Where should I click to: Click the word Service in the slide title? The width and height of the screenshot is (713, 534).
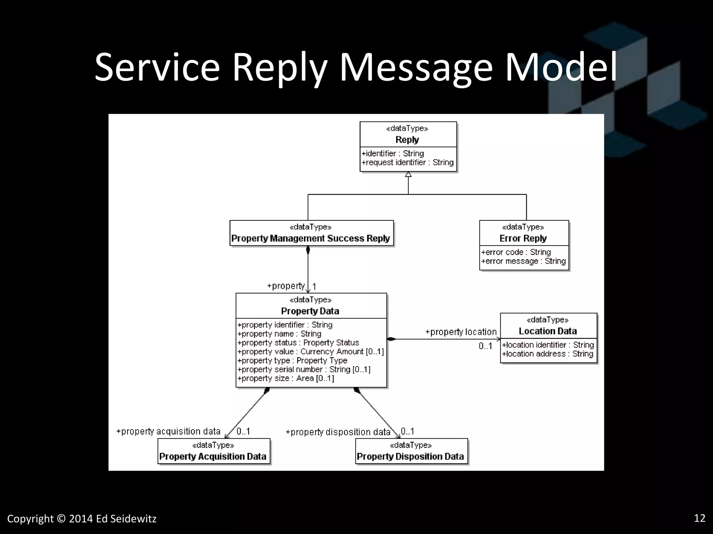[x=157, y=67]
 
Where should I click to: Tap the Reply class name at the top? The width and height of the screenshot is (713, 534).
[x=407, y=140]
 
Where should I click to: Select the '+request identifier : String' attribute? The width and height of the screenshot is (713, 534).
[x=408, y=163]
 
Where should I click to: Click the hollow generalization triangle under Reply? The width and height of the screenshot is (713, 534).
[x=408, y=174]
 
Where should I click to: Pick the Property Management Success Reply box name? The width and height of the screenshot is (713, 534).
[x=311, y=238]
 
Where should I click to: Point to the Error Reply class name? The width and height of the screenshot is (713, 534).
[x=523, y=238]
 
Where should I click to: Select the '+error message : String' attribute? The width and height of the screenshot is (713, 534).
[x=523, y=261]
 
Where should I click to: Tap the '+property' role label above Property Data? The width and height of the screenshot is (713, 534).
[x=286, y=286]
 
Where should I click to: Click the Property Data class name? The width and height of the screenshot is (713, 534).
[x=310, y=311]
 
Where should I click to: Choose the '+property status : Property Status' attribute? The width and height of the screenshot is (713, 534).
[x=298, y=343]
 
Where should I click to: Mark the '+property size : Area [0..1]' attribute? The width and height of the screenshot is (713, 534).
[x=285, y=378]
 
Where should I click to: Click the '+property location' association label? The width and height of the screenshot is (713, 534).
[x=461, y=332]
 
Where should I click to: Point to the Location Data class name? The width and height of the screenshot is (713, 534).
[x=548, y=331]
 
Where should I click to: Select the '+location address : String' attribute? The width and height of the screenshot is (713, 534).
[x=548, y=354]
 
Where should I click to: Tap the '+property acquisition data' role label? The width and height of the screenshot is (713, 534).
[x=169, y=431]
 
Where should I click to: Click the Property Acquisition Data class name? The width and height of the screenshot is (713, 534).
[x=213, y=456]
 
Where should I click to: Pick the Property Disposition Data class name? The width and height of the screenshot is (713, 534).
[x=410, y=456]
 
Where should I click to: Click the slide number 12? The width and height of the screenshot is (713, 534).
[x=700, y=518]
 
